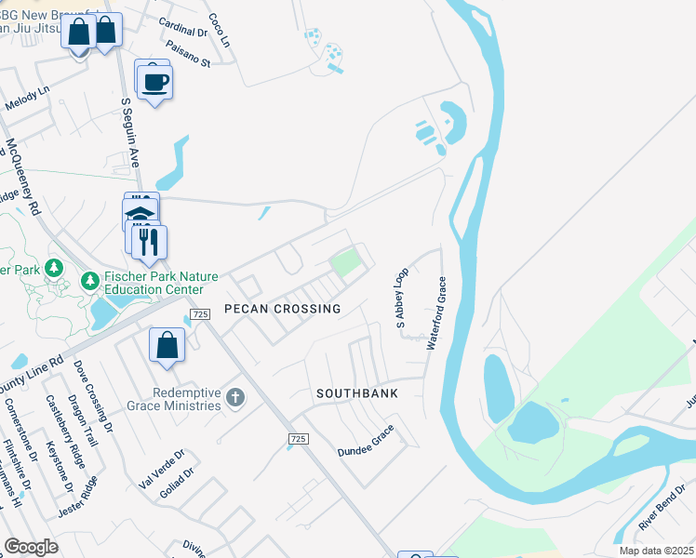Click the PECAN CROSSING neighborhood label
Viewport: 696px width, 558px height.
pyautogui.click(x=282, y=308)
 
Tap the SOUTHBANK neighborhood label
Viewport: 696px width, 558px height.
pyautogui.click(x=356, y=393)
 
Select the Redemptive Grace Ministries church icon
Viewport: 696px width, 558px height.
pyautogui.click(x=234, y=398)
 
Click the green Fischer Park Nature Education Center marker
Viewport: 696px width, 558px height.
pyautogui.click(x=90, y=280)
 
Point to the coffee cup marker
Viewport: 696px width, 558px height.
pyautogui.click(x=156, y=82)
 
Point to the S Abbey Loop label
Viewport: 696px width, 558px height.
pyautogui.click(x=402, y=299)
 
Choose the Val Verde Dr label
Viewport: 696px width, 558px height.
pyautogui.click(x=161, y=470)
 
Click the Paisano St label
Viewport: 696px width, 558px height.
pyautogui.click(x=189, y=53)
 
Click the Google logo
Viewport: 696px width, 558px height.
pyautogui.click(x=31, y=547)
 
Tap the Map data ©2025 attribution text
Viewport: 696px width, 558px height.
pyautogui.click(x=656, y=551)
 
